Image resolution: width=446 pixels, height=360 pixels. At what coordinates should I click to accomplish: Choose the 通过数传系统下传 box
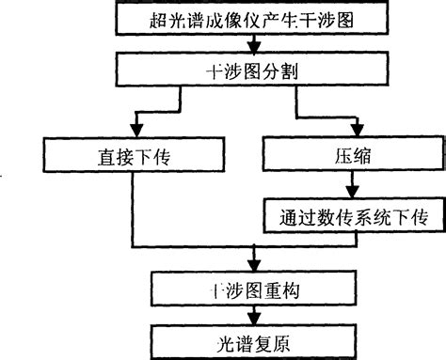[349, 215]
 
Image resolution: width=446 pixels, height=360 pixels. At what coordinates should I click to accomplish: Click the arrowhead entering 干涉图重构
[251, 263]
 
